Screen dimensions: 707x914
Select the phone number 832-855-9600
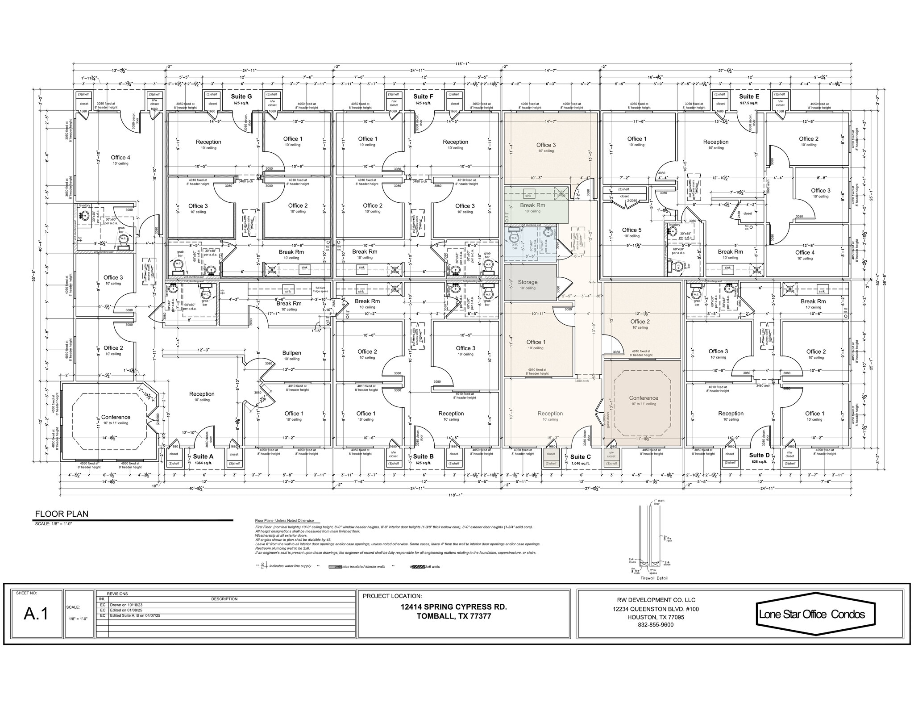coord(656,624)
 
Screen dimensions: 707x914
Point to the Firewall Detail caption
coord(654,578)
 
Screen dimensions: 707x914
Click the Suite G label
coord(241,96)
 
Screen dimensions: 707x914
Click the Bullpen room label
coord(291,353)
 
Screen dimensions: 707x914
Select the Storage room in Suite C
coord(528,282)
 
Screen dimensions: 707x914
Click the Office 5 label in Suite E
coord(631,230)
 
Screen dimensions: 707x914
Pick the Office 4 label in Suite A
coord(120,158)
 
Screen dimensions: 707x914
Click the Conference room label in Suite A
coord(116,417)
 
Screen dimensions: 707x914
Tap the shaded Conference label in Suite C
coord(643,398)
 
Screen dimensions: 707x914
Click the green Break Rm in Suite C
coord(532,205)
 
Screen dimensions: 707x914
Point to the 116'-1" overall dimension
coord(462,64)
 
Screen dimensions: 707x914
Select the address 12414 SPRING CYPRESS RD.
coord(453,607)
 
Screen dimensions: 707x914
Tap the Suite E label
coord(749,96)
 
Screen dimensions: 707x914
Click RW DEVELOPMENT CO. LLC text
coord(656,600)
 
